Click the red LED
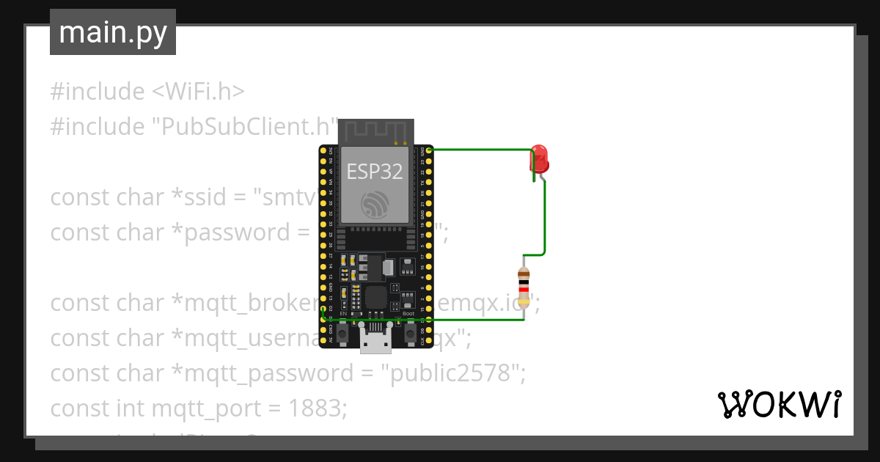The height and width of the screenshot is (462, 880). click(540, 158)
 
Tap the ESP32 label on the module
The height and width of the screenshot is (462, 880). click(375, 172)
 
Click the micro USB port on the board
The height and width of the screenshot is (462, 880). click(375, 340)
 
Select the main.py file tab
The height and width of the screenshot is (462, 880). click(113, 33)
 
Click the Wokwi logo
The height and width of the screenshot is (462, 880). click(779, 405)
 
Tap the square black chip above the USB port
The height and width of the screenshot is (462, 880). click(375, 297)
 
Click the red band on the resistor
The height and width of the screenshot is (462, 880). click(524, 291)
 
